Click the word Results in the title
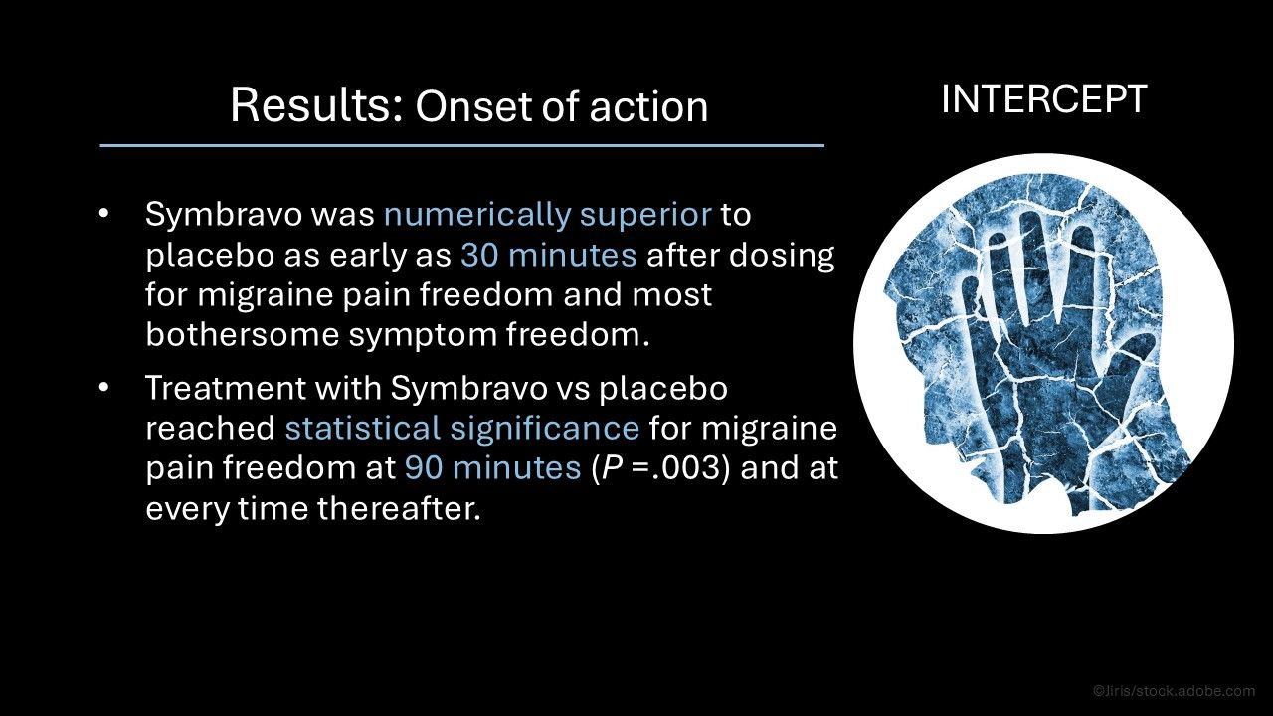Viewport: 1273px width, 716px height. [x=316, y=105]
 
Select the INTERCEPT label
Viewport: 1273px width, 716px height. [x=1044, y=99]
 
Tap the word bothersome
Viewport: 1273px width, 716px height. [x=242, y=334]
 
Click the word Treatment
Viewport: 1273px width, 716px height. [x=225, y=388]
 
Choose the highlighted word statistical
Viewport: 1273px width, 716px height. [x=363, y=428]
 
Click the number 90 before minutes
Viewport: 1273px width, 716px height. [x=424, y=468]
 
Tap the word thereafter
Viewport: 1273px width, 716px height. [x=400, y=508]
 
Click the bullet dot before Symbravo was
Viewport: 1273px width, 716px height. [x=103, y=215]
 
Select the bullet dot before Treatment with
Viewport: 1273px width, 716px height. [x=103, y=388]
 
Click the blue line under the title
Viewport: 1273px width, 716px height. [x=462, y=146]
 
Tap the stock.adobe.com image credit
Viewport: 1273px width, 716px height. [x=1175, y=691]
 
